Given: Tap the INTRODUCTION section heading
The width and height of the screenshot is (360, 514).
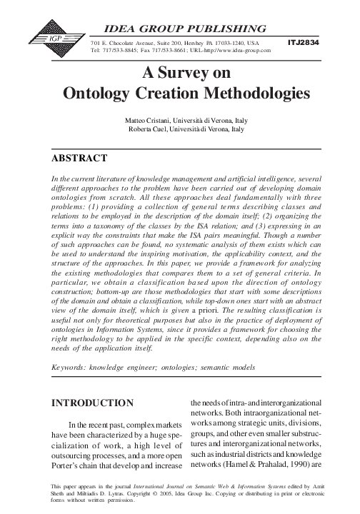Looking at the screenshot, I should tap(93, 403).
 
